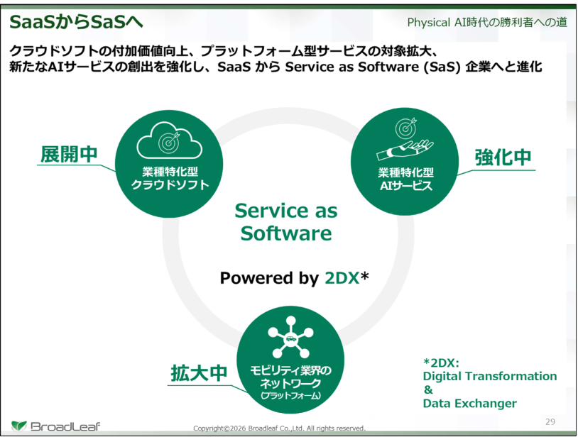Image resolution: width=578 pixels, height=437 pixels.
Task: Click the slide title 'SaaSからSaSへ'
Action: pyautogui.click(x=76, y=22)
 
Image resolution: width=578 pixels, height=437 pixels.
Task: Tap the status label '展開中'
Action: pyautogui.click(x=69, y=154)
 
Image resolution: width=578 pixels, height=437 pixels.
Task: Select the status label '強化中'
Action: pyautogui.click(x=503, y=157)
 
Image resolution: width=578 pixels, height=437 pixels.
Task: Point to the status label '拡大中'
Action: pyautogui.click(x=199, y=373)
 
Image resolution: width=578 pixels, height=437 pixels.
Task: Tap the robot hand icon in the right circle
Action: pyautogui.click(x=405, y=150)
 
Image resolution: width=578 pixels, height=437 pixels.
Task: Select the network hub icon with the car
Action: pyautogui.click(x=290, y=337)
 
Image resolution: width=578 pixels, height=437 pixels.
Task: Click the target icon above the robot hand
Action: pyautogui.click(x=406, y=128)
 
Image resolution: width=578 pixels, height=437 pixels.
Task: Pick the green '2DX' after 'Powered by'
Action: pyautogui.click(x=342, y=278)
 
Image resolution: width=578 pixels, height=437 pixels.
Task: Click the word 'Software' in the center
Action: pyautogui.click(x=286, y=233)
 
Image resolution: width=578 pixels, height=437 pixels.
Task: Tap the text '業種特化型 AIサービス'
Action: pyautogui.click(x=405, y=179)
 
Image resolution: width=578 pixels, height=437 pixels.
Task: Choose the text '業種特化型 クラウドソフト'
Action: pyautogui.click(x=170, y=178)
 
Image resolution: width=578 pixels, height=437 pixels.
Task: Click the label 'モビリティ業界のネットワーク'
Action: pyautogui.click(x=290, y=377)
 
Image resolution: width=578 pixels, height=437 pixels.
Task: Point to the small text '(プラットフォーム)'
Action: pyautogui.click(x=290, y=396)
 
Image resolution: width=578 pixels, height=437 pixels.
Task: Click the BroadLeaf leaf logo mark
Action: pyautogui.click(x=18, y=426)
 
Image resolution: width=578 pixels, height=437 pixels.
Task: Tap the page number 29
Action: pyautogui.click(x=550, y=421)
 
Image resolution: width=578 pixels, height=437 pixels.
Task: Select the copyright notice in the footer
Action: pyautogui.click(x=280, y=428)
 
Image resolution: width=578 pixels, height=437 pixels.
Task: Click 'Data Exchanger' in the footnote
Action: pyautogui.click(x=469, y=404)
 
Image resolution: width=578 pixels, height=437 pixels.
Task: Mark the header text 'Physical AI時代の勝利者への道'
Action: pyautogui.click(x=487, y=23)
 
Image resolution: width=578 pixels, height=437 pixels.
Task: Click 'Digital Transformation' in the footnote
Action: pyautogui.click(x=490, y=376)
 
